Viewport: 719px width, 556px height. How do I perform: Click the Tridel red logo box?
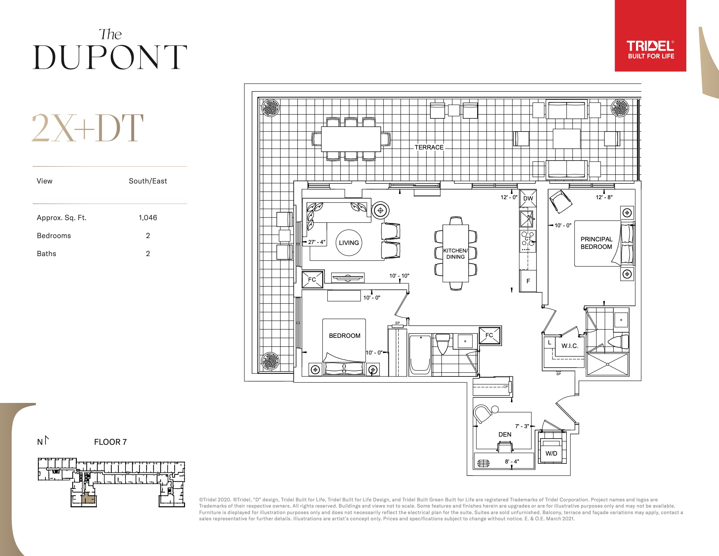coord(650,36)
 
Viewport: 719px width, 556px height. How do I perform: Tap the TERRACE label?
coord(429,147)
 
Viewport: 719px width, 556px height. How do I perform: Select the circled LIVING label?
coord(349,243)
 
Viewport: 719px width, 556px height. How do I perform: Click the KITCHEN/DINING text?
coord(455,253)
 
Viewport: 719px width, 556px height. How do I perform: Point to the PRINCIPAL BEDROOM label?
coord(596,243)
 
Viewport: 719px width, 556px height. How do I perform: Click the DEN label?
coord(505,434)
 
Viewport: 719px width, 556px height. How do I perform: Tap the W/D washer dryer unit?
coord(552,447)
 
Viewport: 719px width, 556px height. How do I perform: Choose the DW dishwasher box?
coord(528,198)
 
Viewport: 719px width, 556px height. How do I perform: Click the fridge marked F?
coord(528,281)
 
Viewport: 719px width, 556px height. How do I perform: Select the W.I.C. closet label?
coord(570,346)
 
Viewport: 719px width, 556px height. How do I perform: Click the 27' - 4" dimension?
coord(316,242)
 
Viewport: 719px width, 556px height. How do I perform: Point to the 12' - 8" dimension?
coord(604,197)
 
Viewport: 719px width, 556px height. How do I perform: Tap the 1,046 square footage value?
coord(148,218)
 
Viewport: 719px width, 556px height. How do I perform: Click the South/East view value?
coord(148,181)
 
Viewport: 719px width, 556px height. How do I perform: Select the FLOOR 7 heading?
coord(110,442)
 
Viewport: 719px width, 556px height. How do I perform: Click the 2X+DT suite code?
coord(88,128)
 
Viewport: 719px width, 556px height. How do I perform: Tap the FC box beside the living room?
coord(312,279)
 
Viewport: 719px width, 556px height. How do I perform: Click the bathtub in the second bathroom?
coord(420,355)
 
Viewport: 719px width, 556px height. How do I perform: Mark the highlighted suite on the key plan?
coord(89,499)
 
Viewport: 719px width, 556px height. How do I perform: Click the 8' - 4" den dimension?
coord(512,461)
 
